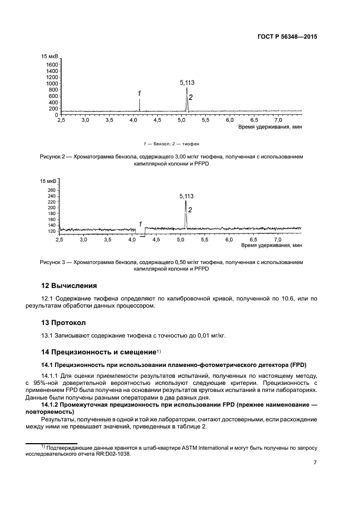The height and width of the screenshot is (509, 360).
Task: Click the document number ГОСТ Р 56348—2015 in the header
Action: pos(288,37)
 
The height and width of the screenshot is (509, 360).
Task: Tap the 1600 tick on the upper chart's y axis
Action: pos(52,64)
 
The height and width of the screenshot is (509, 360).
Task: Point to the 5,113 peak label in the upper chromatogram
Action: pos(187,83)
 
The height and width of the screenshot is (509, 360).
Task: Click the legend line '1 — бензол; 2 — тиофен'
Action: pos(172,144)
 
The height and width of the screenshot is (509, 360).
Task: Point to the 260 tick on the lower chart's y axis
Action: pos(52,190)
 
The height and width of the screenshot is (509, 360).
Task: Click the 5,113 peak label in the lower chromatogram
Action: pos(186,195)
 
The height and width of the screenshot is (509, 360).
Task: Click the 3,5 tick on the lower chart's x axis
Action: pos(108,240)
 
